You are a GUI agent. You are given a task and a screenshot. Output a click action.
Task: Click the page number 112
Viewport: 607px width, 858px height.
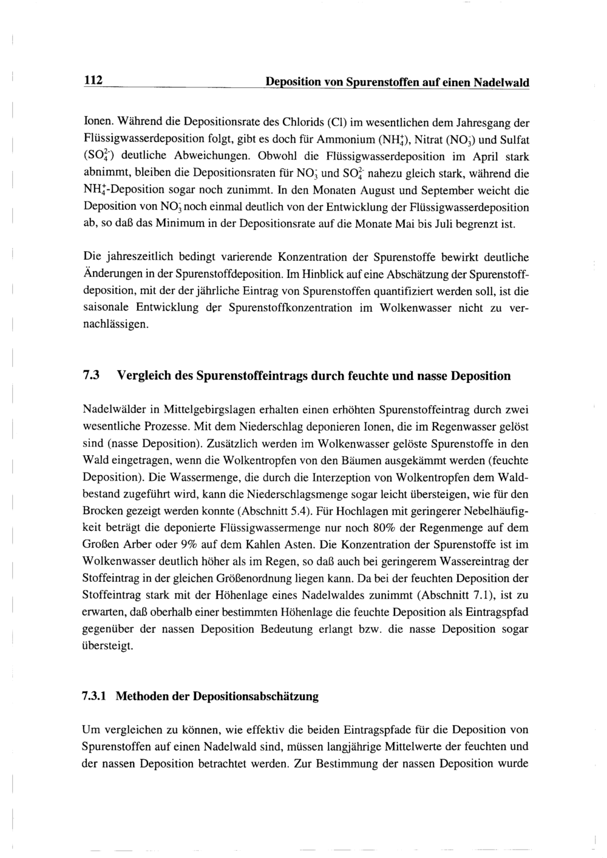[x=92, y=81]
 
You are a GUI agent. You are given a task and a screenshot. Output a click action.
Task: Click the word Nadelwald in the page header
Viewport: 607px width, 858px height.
[x=501, y=82]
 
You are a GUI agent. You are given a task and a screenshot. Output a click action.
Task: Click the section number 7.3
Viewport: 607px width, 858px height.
[x=90, y=376]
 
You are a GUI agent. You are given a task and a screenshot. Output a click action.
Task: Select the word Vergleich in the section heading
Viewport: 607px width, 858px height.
[x=147, y=376]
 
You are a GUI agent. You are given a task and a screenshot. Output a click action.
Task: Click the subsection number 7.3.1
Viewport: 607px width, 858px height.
[x=94, y=697]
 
